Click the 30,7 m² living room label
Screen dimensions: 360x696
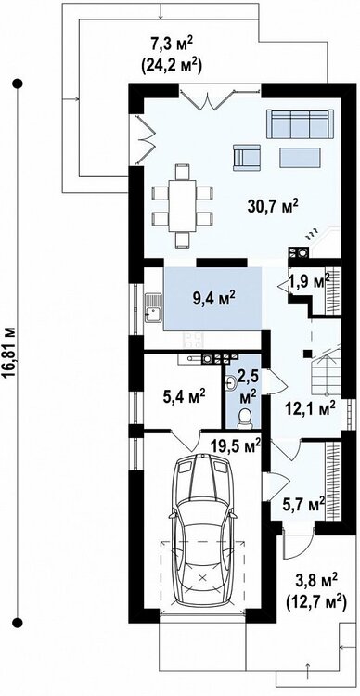273,206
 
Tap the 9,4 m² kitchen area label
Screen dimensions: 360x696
213,299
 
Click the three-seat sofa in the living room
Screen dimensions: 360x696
300,123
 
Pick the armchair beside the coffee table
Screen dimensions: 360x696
247,157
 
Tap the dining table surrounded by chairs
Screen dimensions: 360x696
183,205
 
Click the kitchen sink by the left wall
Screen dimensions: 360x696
153,307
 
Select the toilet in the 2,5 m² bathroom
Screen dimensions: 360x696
245,419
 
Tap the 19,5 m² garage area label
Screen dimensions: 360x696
236,445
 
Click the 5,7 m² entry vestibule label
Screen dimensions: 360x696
304,504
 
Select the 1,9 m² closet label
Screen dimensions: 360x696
309,282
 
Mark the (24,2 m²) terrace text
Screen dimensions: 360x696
171,65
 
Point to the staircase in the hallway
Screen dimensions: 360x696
328,370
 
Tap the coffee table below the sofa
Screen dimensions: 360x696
300,158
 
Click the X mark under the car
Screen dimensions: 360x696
203,577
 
